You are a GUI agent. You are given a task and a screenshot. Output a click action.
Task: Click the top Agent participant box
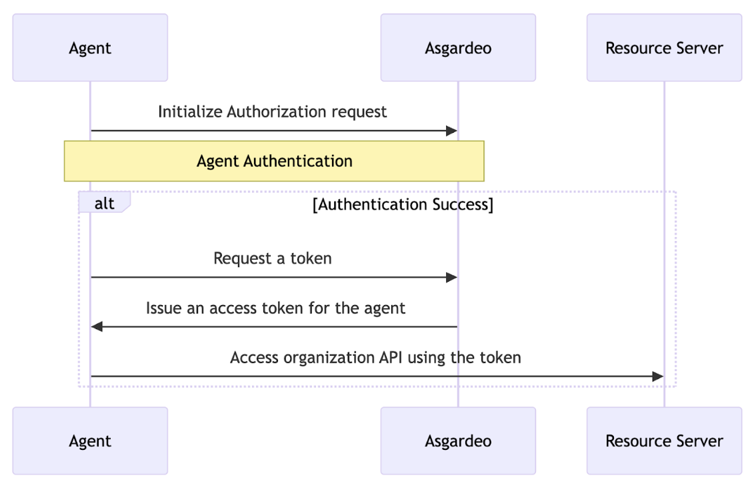coord(90,48)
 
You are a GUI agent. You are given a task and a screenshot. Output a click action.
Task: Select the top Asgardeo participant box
coord(458,48)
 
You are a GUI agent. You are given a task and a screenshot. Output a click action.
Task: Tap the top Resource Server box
coord(664,48)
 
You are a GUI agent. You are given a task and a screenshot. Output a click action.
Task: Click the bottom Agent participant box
coord(90,441)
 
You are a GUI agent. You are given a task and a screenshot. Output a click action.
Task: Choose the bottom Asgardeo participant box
coord(458,441)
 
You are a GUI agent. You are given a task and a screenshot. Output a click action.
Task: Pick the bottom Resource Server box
coord(664,441)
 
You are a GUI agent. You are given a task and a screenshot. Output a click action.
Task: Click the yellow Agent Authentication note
coord(274,161)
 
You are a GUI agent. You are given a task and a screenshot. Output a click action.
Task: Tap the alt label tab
coord(104,204)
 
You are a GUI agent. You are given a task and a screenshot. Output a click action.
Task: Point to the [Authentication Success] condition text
coord(403,204)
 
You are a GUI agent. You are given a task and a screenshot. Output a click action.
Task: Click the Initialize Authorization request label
coord(272,111)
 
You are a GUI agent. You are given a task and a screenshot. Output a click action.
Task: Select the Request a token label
coord(272,258)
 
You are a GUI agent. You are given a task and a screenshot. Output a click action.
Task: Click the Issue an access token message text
coord(275,308)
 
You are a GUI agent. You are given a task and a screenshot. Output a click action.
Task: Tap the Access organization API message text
coord(375,357)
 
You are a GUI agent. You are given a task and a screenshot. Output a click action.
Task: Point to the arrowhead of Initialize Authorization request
coord(452,131)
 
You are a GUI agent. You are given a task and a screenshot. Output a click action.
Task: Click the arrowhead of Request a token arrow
coord(452,277)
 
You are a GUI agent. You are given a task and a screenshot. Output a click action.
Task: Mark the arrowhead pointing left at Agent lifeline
coord(97,326)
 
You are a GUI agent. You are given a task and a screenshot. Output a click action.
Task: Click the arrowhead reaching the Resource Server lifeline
coord(658,377)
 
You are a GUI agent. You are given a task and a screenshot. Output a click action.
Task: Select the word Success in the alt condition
coord(460,204)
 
